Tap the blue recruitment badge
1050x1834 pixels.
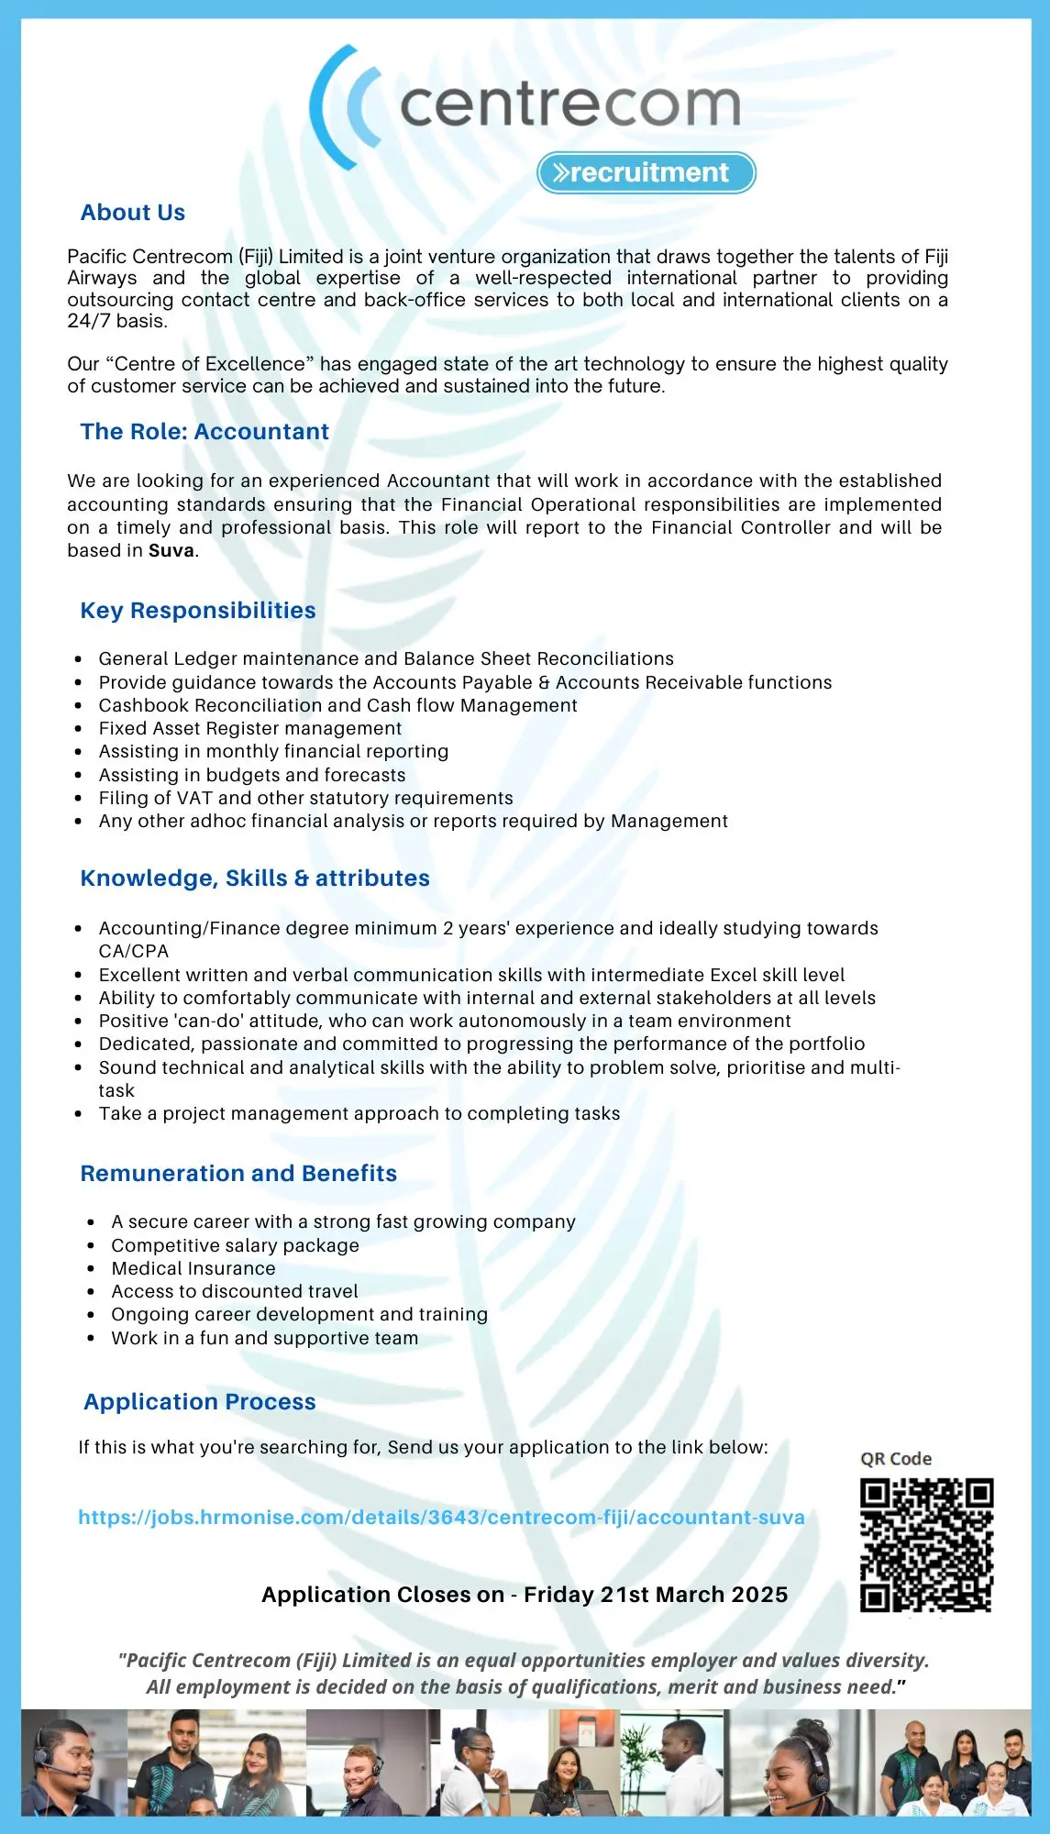point(647,172)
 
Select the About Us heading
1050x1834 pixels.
point(133,213)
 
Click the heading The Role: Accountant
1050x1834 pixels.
point(204,432)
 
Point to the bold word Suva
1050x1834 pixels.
point(171,551)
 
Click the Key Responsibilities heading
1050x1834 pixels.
point(198,611)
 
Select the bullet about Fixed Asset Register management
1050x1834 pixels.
point(250,728)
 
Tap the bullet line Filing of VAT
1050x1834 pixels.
point(305,798)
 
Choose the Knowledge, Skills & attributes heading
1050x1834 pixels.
point(255,878)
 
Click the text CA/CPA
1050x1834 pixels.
point(134,951)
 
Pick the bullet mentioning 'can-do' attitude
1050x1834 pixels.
point(445,1021)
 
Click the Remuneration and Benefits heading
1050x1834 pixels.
point(238,1174)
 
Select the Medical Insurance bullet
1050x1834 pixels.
point(193,1268)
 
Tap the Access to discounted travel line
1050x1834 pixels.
point(235,1291)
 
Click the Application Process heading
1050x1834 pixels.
point(200,1402)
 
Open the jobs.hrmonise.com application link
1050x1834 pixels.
point(441,1518)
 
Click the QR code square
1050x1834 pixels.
point(926,1545)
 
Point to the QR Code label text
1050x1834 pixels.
point(896,1459)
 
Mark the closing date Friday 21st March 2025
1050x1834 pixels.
point(656,1595)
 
